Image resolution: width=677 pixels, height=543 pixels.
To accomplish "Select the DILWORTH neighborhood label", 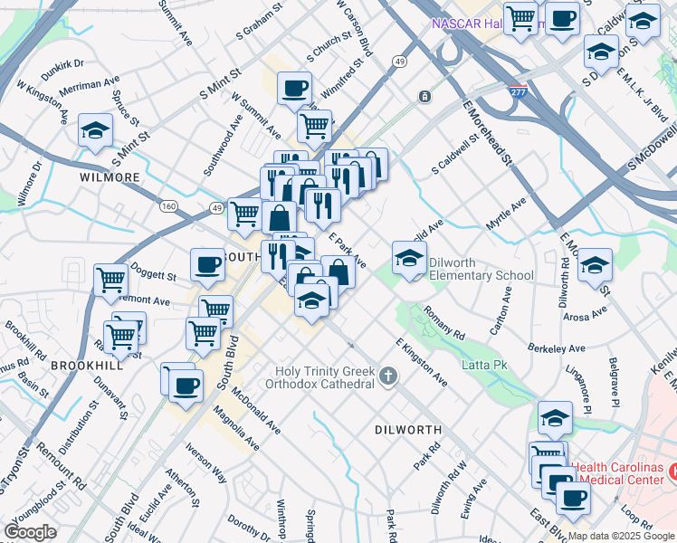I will point(407,430).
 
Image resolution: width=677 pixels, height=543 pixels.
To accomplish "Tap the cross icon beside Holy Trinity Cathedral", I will point(388,376).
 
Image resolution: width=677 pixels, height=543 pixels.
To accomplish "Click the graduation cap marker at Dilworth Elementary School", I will point(409,259).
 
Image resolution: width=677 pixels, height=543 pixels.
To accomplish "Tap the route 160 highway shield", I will point(168,206).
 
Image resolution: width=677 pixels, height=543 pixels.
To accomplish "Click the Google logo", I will point(30,532).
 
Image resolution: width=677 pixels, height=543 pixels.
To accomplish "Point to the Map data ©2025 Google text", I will point(620,536).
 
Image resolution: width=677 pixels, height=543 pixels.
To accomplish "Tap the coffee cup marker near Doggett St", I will point(207,266).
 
